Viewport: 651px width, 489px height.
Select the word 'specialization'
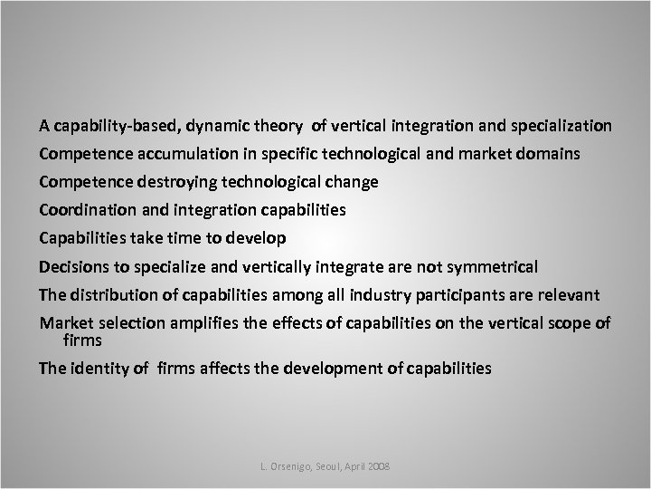point(559,124)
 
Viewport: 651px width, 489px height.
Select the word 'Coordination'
point(84,210)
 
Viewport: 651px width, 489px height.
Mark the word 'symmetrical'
point(492,267)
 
